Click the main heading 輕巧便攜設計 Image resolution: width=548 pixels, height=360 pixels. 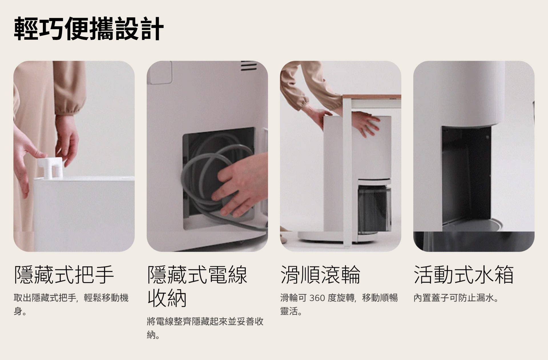coord(89,29)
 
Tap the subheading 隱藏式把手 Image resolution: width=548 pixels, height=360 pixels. coord(64,275)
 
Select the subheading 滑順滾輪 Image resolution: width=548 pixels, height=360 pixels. coord(321,275)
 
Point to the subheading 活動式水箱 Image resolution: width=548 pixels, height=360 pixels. coord(464,275)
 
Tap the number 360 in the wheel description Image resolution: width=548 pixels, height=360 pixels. coord(317,298)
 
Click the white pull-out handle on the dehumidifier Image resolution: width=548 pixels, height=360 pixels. coord(50,167)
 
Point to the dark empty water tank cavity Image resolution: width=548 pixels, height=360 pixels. coord(466,177)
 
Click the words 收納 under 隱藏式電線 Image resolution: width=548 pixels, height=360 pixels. coord(167,298)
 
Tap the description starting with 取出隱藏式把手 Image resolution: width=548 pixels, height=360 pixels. coord(71,305)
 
